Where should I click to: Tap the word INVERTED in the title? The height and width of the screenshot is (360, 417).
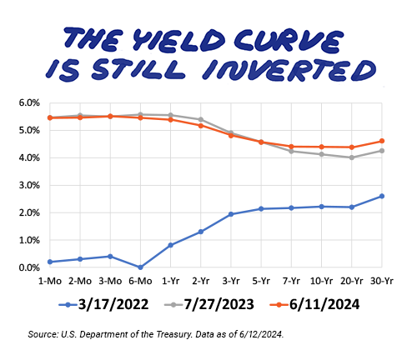click(x=289, y=71)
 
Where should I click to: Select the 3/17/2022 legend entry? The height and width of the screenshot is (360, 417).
click(x=103, y=304)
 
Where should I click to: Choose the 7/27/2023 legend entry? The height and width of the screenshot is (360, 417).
click(x=209, y=304)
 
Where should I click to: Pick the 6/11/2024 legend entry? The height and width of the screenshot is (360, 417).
click(x=314, y=304)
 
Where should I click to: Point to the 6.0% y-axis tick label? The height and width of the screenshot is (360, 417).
click(x=29, y=103)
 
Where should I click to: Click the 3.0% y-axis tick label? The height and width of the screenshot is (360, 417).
click(x=29, y=185)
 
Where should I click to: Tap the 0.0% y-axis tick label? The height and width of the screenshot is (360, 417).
click(x=29, y=267)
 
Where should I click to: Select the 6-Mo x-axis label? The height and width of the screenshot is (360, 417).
click(x=140, y=281)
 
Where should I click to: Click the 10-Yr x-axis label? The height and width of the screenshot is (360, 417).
click(x=321, y=281)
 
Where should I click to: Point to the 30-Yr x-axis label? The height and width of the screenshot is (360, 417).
click(x=382, y=281)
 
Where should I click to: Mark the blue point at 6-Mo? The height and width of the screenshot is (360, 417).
click(x=140, y=267)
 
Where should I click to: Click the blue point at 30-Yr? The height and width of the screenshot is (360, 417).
click(x=382, y=196)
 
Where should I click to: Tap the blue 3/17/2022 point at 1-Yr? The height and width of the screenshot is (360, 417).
click(x=171, y=245)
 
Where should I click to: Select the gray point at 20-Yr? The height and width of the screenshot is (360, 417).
click(x=352, y=157)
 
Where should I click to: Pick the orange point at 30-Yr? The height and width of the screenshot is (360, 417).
click(x=382, y=141)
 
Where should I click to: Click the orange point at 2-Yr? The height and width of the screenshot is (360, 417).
click(x=201, y=126)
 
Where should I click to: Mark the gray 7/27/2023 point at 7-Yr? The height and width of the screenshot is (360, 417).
click(x=291, y=152)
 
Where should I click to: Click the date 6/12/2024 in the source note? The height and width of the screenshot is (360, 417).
click(x=261, y=334)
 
